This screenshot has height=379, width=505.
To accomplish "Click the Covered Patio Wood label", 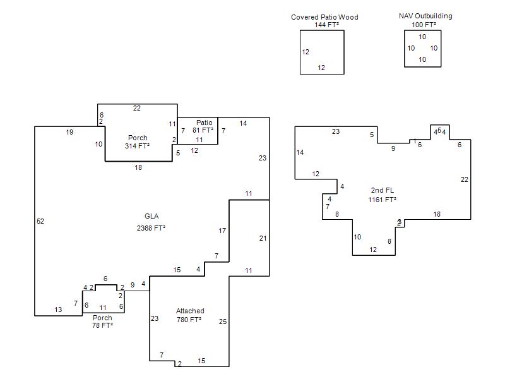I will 324,17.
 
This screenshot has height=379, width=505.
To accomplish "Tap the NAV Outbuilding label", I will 425,16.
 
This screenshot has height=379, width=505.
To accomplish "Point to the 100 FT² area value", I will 422,25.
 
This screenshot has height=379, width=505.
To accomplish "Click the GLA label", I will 151,216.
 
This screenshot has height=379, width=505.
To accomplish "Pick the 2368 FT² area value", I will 151,227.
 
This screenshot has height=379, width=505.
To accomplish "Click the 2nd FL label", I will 382,190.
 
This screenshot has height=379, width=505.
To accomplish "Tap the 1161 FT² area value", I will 382,200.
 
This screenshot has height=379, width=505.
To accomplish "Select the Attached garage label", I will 190,311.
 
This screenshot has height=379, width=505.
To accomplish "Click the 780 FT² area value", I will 189,320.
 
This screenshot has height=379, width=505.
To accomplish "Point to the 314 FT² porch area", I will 138,146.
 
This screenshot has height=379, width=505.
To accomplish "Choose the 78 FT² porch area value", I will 102,325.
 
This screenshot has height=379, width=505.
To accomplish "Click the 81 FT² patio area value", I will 203,130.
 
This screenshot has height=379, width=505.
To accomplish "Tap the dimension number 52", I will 40,221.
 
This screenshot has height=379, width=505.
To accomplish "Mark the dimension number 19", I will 70,132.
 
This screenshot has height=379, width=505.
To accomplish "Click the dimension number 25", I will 223,322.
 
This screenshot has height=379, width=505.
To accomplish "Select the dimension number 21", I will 263,238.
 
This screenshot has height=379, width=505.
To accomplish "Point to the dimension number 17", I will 222,231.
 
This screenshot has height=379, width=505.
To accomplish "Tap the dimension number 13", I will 58,310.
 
